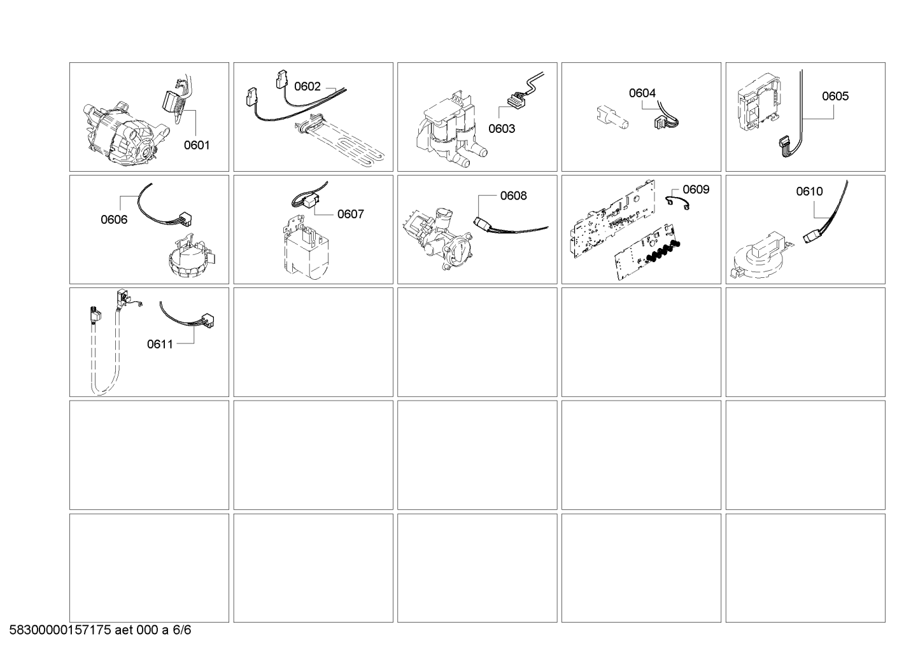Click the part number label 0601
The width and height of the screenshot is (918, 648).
(x=197, y=146)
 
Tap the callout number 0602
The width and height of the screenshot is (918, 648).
(x=307, y=86)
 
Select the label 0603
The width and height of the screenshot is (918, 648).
(x=502, y=128)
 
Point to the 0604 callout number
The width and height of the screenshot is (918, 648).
(x=642, y=93)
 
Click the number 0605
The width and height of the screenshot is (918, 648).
(x=835, y=96)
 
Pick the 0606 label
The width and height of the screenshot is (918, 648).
(x=114, y=220)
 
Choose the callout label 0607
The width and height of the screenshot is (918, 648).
(x=350, y=214)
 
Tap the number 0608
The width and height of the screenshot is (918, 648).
(x=514, y=196)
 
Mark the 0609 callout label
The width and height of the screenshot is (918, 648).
(x=696, y=189)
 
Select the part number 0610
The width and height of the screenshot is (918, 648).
(x=809, y=191)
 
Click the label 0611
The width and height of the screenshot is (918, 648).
(x=160, y=344)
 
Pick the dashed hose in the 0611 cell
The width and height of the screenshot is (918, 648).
(x=105, y=360)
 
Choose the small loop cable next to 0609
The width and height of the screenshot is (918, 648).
(x=678, y=203)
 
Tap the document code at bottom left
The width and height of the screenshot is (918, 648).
(x=100, y=630)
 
